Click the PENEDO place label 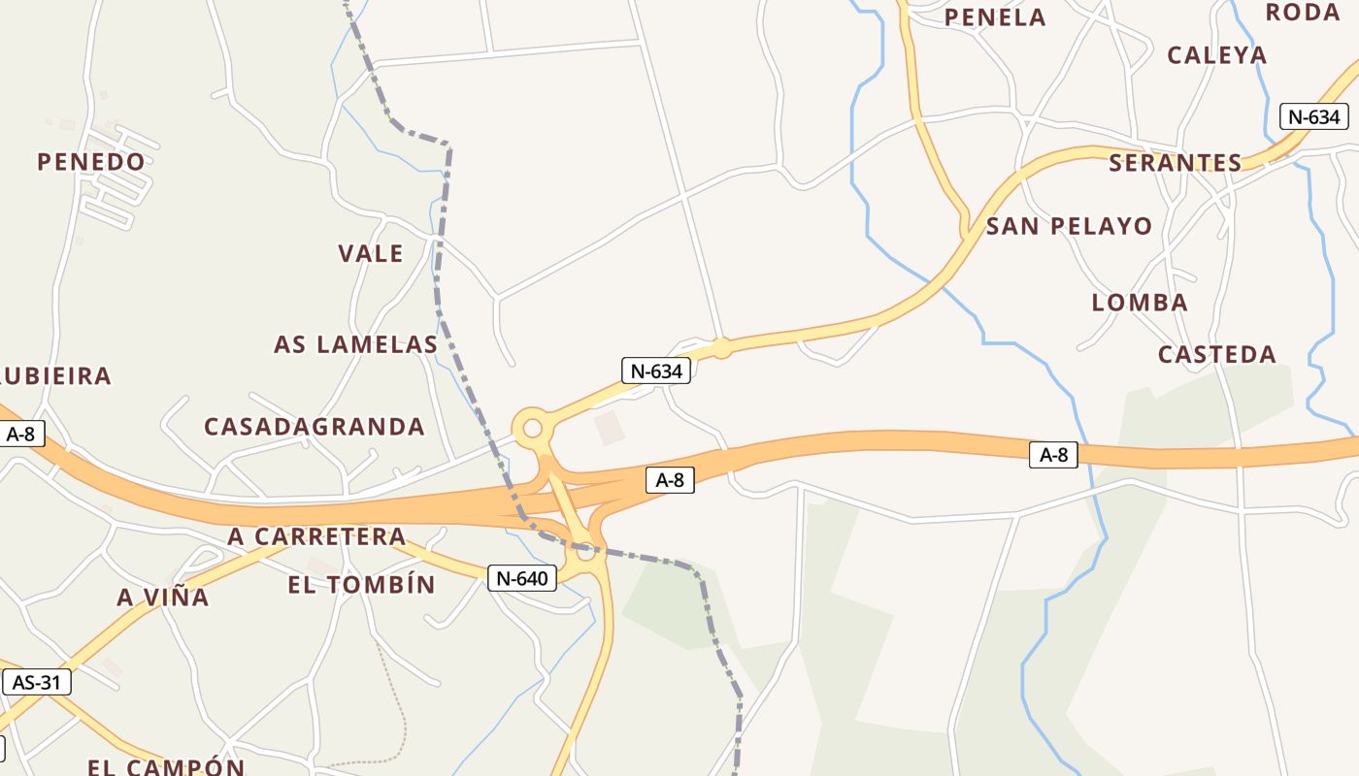point(91,162)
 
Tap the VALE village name point(371,254)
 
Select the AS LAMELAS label point(356,344)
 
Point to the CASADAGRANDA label point(315,427)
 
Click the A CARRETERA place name point(316,536)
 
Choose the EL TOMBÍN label point(362,585)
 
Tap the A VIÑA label point(163,598)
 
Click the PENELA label point(995,17)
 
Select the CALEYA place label point(1217,55)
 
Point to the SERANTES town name point(1176,163)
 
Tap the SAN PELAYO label point(1070,227)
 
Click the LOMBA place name point(1140,303)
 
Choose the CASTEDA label point(1217,354)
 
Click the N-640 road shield point(522,579)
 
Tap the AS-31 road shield point(37,682)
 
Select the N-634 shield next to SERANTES point(1314,117)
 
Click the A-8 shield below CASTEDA point(1053,454)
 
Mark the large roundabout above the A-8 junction point(532,428)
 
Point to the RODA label point(1303,13)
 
